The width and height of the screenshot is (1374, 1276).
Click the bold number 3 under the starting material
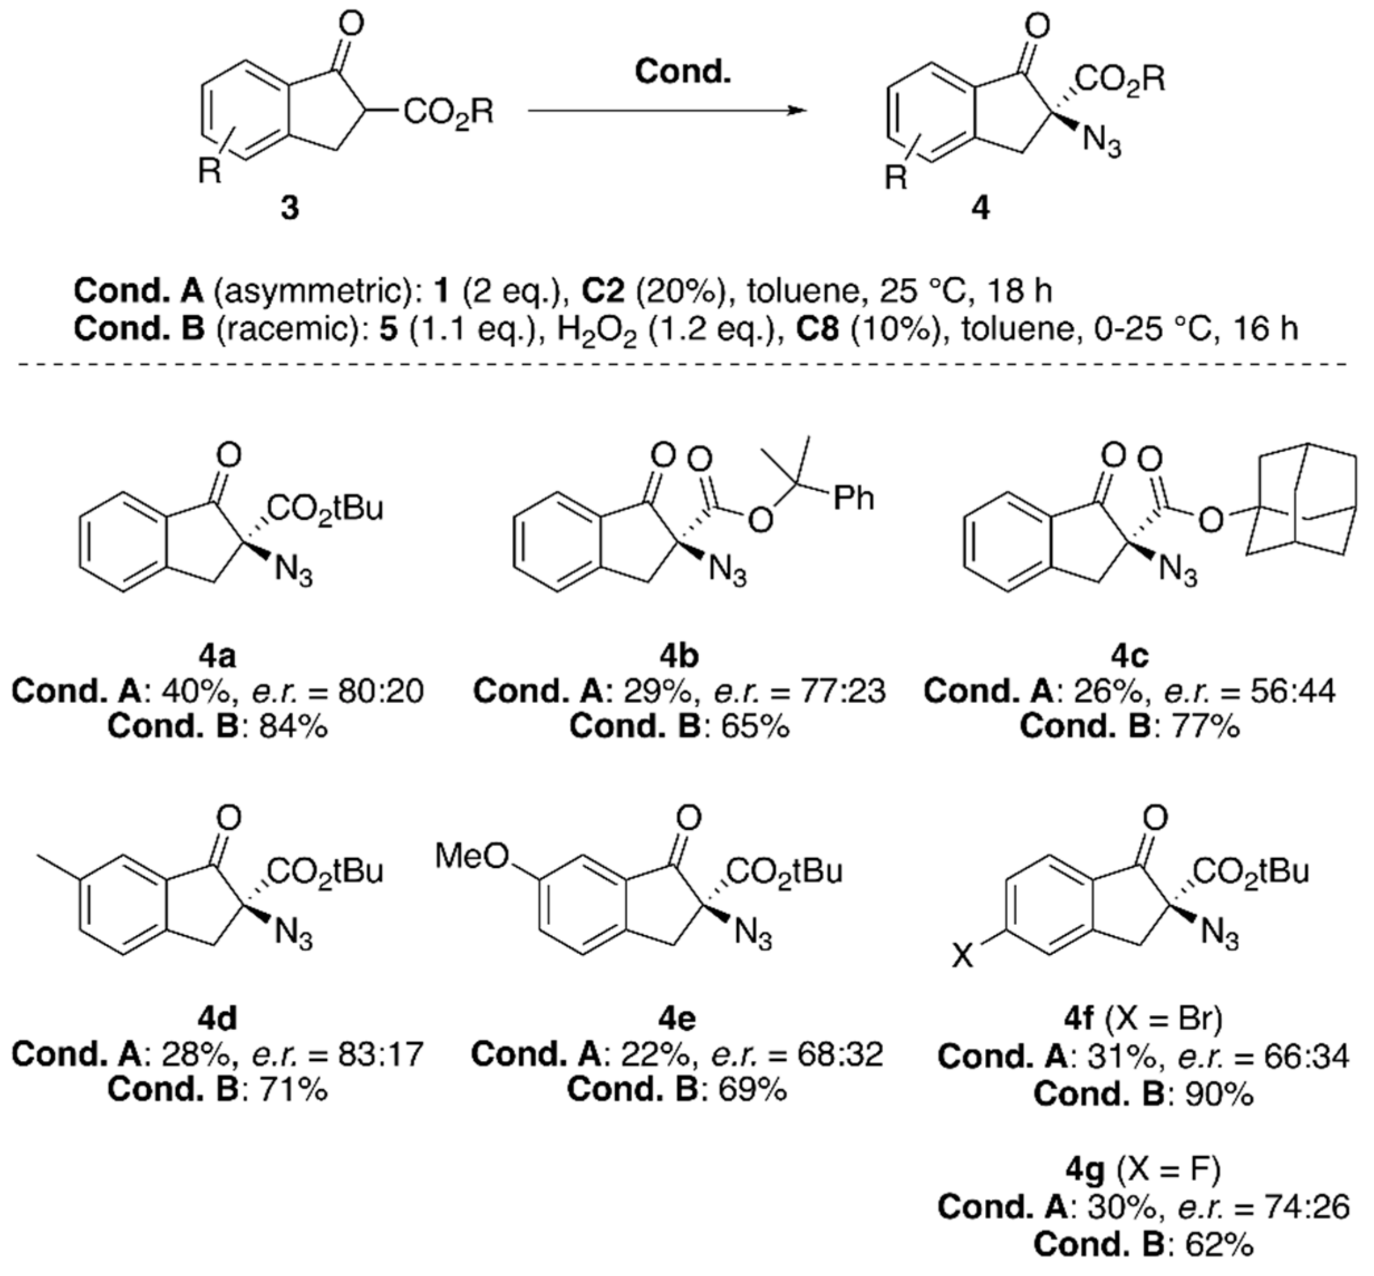[x=289, y=207]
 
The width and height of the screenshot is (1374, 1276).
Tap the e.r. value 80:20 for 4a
[x=380, y=691]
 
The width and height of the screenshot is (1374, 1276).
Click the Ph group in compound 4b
[x=853, y=497]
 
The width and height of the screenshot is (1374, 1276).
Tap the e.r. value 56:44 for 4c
[x=1293, y=691]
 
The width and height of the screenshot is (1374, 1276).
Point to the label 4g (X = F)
[x=1143, y=1169]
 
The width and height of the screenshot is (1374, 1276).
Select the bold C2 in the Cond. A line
[x=603, y=291]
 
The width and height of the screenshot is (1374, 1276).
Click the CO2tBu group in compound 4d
[x=325, y=871]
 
